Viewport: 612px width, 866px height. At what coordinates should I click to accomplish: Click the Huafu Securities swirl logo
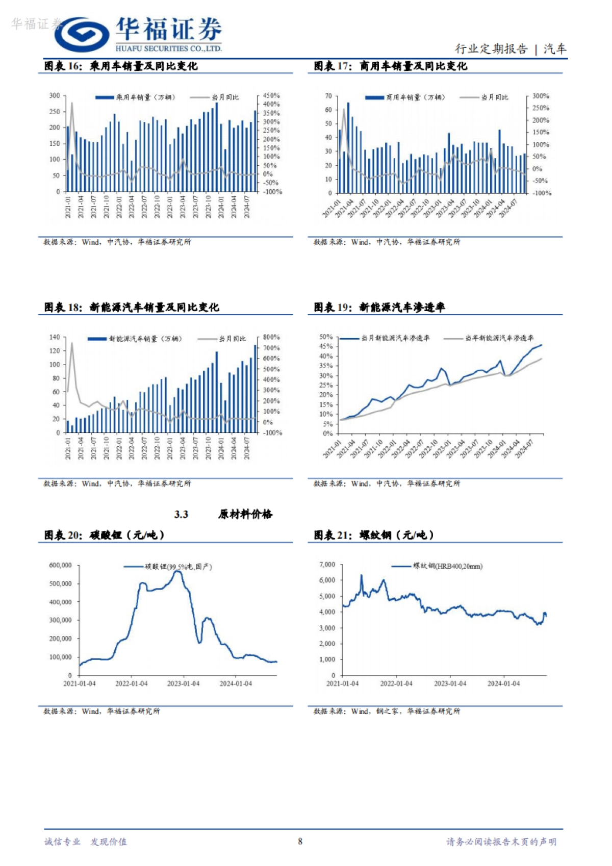click(x=82, y=34)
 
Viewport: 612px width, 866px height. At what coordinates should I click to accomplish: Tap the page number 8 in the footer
click(x=300, y=841)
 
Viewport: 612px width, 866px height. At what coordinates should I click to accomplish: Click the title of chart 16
click(x=121, y=66)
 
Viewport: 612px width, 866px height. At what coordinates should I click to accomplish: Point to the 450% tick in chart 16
click(x=271, y=95)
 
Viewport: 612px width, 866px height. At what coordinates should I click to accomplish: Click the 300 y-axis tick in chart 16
click(x=55, y=95)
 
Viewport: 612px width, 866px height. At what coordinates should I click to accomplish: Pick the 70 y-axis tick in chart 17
click(x=328, y=96)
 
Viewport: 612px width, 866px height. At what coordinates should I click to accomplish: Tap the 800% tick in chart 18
click(x=271, y=337)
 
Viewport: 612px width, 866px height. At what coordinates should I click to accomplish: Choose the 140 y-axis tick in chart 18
click(x=55, y=337)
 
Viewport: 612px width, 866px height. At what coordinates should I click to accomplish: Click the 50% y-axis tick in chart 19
click(x=326, y=337)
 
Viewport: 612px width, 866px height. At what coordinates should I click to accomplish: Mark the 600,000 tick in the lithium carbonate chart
click(x=60, y=565)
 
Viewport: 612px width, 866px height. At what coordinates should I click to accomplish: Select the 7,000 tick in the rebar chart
click(x=327, y=565)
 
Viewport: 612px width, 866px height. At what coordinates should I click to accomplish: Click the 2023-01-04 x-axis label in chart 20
click(x=183, y=683)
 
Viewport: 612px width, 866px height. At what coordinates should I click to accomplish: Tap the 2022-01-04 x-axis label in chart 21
click(x=396, y=683)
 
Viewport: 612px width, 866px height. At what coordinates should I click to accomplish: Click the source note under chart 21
click(x=387, y=711)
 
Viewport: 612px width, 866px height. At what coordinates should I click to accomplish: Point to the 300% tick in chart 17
click(x=541, y=96)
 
